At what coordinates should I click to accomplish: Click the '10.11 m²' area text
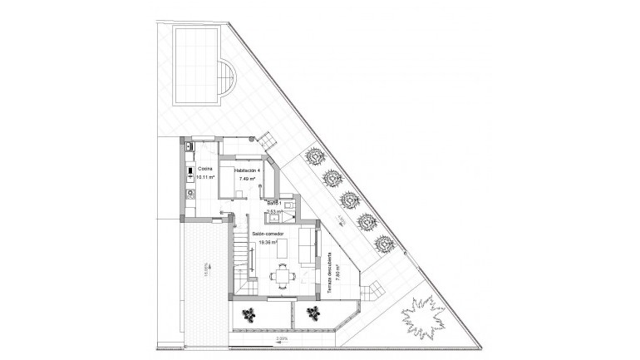click(204, 177)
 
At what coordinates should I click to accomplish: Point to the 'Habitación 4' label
click(247, 170)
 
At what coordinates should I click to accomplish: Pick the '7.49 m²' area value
click(248, 179)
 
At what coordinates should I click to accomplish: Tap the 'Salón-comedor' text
click(268, 234)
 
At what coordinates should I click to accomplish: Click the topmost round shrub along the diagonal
click(315, 155)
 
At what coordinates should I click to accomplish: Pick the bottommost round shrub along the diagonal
click(382, 244)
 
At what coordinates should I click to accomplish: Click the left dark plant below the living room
click(249, 313)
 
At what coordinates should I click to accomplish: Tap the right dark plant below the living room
click(313, 313)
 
